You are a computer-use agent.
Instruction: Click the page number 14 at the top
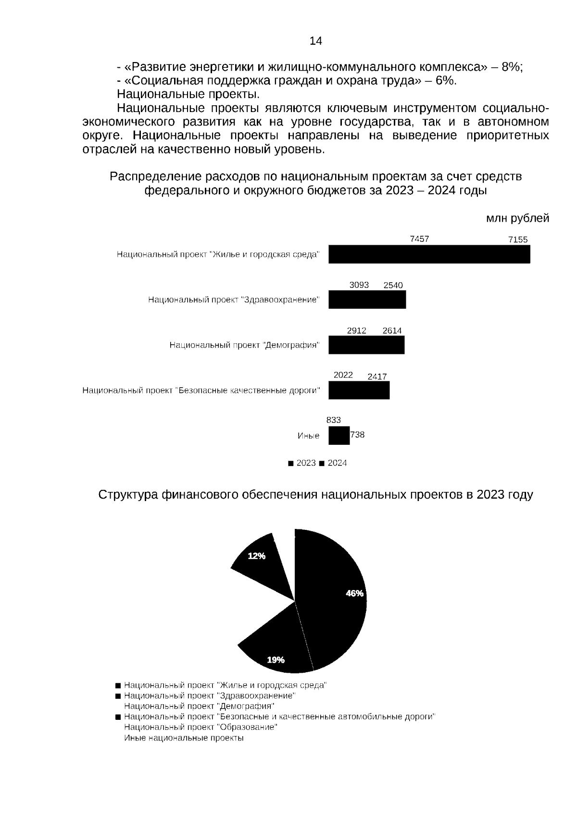pyautogui.click(x=315, y=41)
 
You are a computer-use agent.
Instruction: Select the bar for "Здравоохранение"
pyautogui.click(x=367, y=300)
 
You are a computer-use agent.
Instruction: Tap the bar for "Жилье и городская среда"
pyautogui.click(x=429, y=254)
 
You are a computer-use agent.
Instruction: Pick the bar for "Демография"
pyautogui.click(x=366, y=345)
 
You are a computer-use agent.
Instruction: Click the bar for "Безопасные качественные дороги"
pyautogui.click(x=359, y=390)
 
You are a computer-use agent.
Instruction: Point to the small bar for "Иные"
pyautogui.click(x=339, y=436)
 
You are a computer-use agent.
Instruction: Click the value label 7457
pyautogui.click(x=419, y=239)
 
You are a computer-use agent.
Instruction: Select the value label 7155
pyautogui.click(x=518, y=240)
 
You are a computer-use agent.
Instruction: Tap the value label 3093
pyautogui.click(x=359, y=285)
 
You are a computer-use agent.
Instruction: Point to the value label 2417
pyautogui.click(x=377, y=377)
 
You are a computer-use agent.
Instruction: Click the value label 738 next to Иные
pyautogui.click(x=357, y=435)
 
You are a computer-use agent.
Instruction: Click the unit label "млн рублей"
pyautogui.click(x=517, y=219)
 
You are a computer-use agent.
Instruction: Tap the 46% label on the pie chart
pyautogui.click(x=354, y=593)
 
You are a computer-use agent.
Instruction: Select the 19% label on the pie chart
pyautogui.click(x=276, y=660)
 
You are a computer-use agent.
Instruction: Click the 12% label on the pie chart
pyautogui.click(x=256, y=556)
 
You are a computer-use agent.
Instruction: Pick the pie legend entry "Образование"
pyautogui.click(x=201, y=727)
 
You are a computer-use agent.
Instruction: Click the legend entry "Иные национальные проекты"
pyautogui.click(x=184, y=738)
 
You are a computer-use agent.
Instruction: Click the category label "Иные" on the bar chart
pyautogui.click(x=308, y=436)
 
